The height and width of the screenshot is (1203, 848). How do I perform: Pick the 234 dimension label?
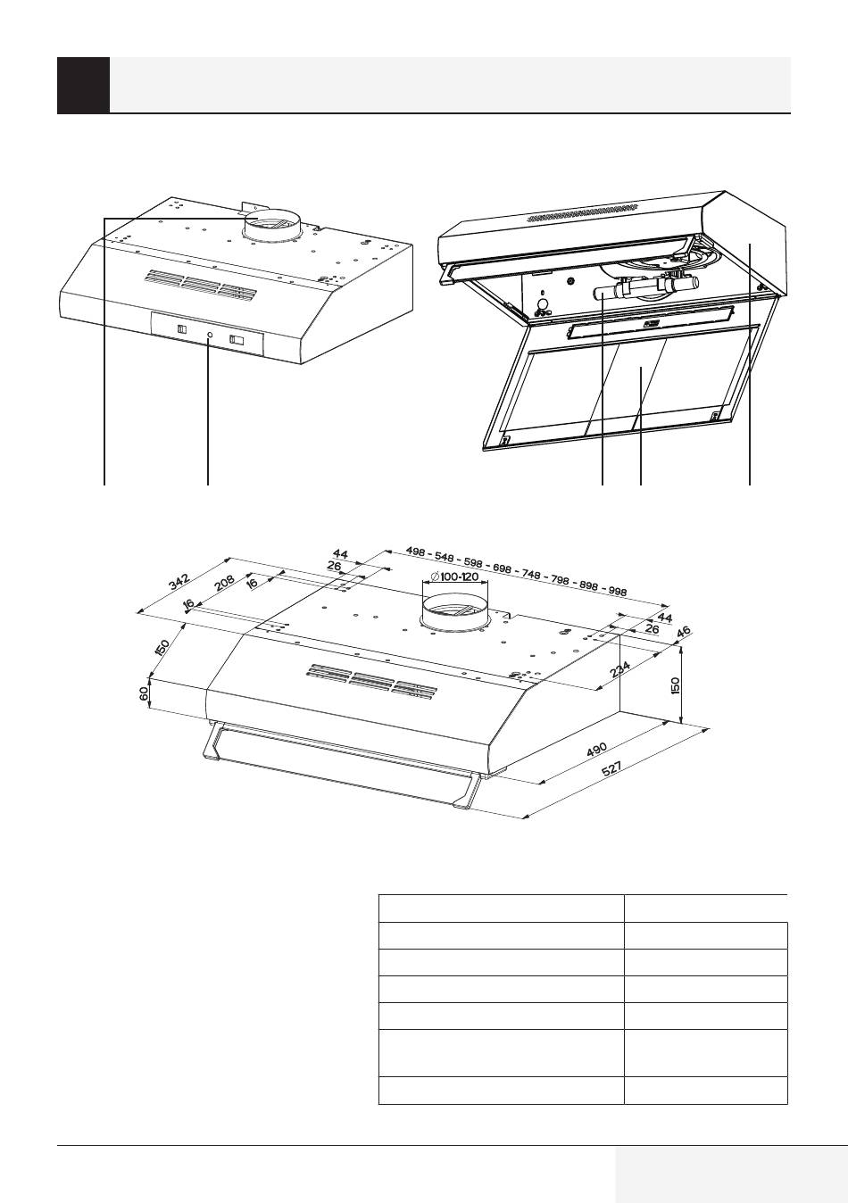coord(621,668)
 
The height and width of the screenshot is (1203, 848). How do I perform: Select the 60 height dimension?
coord(145,693)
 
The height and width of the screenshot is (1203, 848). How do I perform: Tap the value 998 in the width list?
coord(616,591)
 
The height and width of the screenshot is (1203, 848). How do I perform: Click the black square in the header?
coord(83,85)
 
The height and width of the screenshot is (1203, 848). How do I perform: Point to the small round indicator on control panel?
coord(209,336)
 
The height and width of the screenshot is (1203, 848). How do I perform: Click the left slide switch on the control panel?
coord(181,331)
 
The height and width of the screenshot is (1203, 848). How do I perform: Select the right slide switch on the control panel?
coord(237,339)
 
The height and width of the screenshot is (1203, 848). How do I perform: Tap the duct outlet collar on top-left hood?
coord(273,226)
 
